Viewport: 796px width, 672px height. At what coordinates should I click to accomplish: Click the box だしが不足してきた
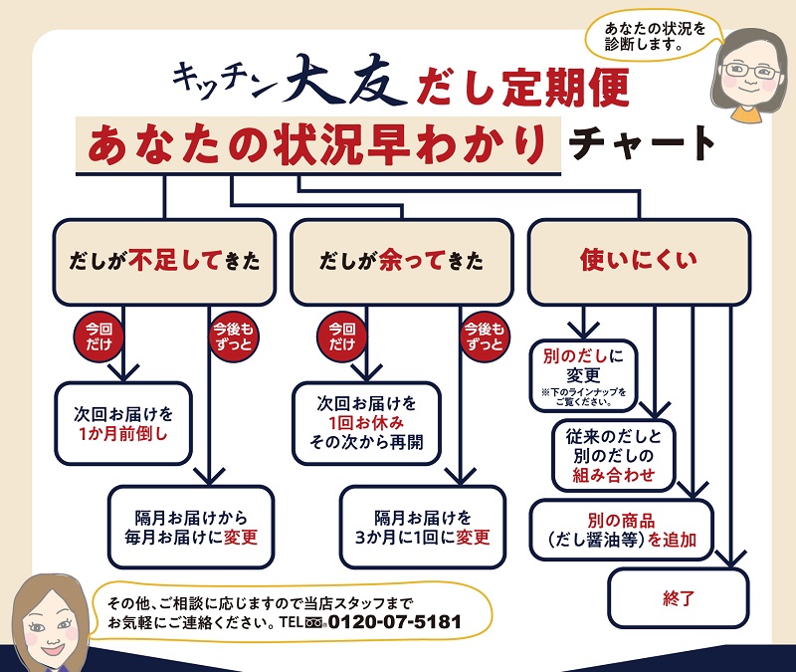pos(164,262)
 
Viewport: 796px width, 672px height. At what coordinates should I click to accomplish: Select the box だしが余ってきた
pos(401,262)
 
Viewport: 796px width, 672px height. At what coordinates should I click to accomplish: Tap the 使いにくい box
pos(638,261)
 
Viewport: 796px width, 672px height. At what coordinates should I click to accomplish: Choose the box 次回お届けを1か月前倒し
pos(122,423)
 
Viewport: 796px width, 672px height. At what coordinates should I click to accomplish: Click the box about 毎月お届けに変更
pos(190,528)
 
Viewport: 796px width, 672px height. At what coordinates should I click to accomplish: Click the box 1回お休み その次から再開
pos(366,423)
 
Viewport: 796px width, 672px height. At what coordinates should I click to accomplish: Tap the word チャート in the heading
pos(642,141)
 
